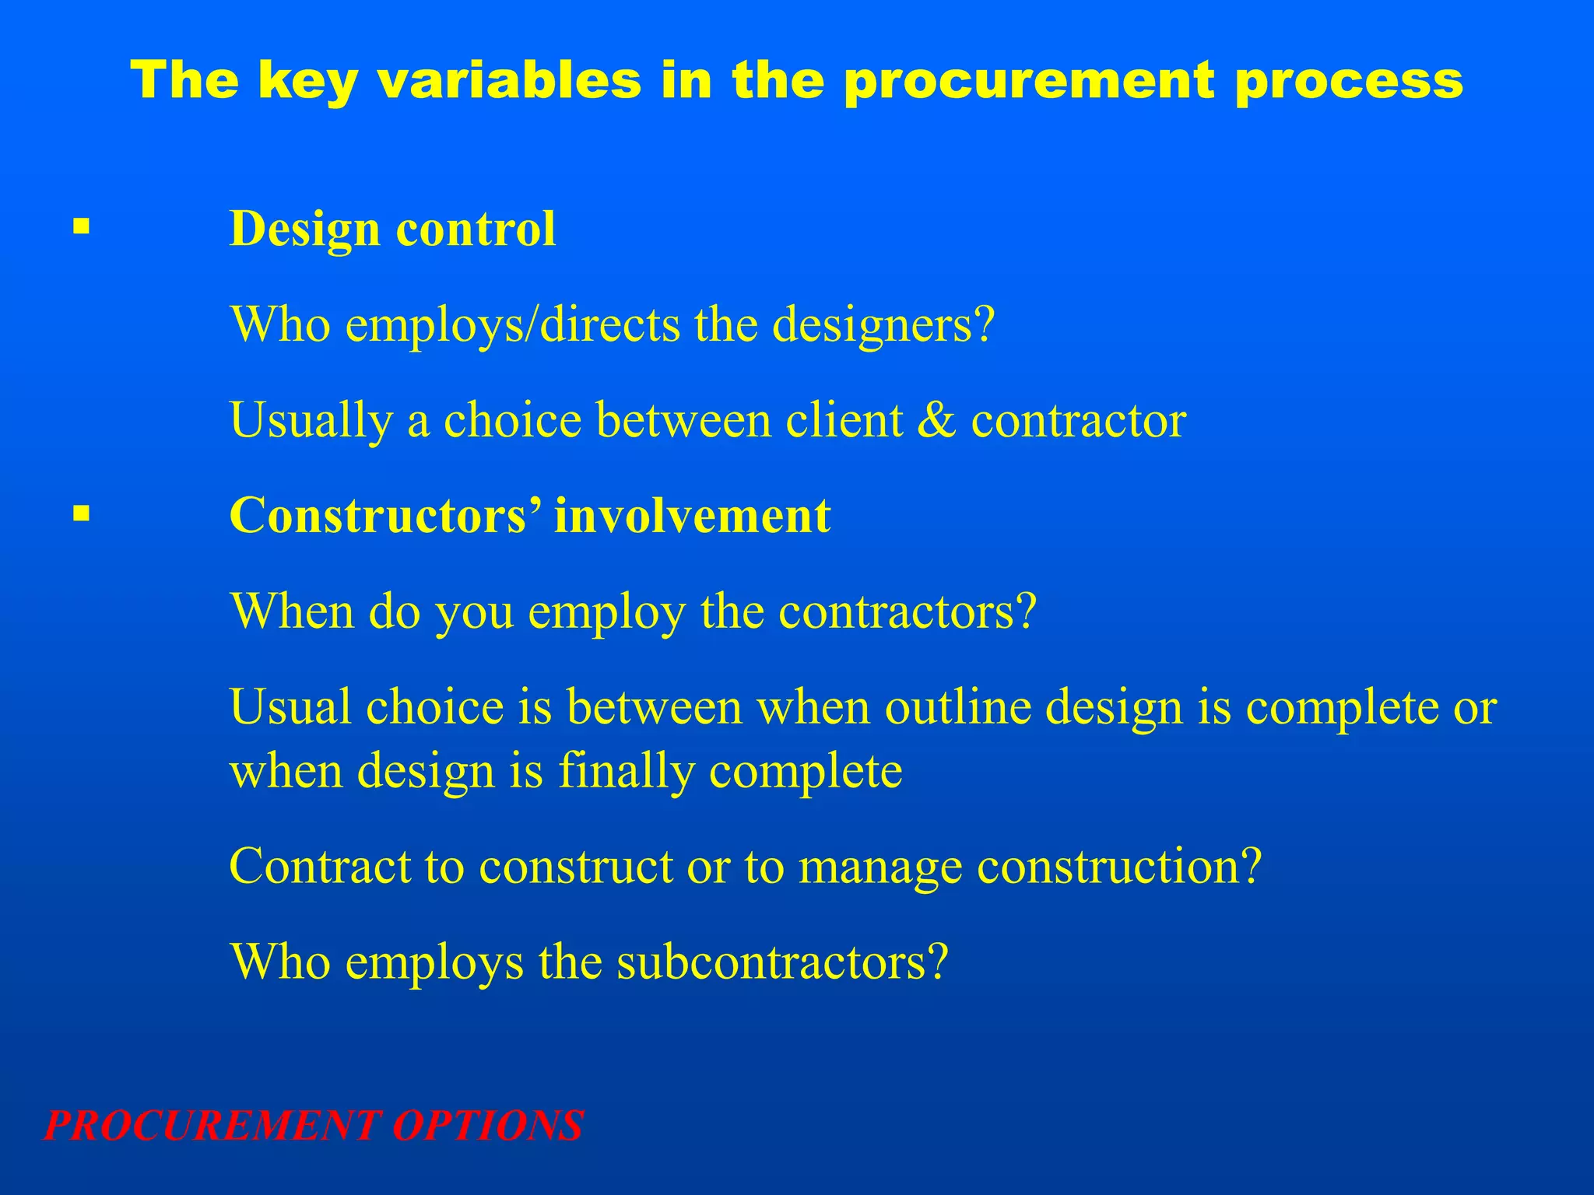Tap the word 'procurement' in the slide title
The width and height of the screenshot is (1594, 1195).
[x=1030, y=82]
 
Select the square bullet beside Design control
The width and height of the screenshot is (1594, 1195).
[x=81, y=227]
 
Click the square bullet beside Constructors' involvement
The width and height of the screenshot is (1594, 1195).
[x=81, y=513]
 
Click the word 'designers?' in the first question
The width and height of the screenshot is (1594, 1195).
[x=883, y=324]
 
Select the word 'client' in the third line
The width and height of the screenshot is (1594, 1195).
[x=844, y=420]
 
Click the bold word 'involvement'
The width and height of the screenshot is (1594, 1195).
[x=692, y=515]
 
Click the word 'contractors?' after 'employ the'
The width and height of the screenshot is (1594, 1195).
[x=908, y=612]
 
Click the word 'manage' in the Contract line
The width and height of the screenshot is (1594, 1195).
[x=880, y=866]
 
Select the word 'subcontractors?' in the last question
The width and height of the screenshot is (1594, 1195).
[x=782, y=962]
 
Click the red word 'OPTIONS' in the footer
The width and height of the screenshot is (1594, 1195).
[x=487, y=1126]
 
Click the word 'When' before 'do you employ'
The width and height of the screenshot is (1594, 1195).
[x=293, y=612]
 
